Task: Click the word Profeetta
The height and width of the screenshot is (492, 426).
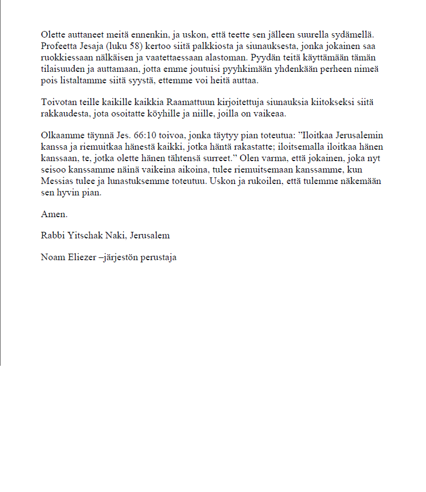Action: (58, 45)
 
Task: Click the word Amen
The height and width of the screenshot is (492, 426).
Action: (54, 214)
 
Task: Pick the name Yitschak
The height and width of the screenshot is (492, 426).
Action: (84, 236)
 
